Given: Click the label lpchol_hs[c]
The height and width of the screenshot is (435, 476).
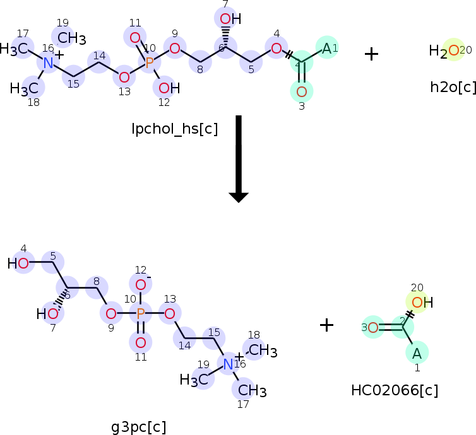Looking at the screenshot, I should pos(174,129).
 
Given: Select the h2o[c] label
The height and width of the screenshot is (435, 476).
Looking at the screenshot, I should pos(453,87).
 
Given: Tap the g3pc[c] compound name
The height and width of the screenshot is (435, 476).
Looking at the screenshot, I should pos(138,427).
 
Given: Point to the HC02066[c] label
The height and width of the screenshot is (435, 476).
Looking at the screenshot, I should pos(395,390).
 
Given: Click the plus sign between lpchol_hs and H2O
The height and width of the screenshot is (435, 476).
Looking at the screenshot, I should pos(371,54).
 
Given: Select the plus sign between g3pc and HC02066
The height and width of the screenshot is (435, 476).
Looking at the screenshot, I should pos(326,325).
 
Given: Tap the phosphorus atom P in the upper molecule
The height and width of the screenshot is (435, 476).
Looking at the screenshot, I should pos(150,62).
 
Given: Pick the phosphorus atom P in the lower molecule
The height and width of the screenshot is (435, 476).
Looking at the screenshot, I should pos(141,313).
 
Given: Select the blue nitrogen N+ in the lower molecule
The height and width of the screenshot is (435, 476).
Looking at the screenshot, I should pos(229,363).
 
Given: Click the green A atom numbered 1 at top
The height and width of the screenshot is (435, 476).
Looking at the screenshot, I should pos(326,48).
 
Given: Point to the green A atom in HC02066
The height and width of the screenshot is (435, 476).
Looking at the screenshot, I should pos(417,352).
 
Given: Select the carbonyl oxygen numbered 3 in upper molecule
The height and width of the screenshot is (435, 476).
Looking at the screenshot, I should pos(301,92).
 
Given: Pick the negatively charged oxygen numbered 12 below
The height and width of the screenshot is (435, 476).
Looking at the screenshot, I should pos(141,285).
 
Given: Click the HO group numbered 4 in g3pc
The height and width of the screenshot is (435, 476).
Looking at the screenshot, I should pos(19,263).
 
